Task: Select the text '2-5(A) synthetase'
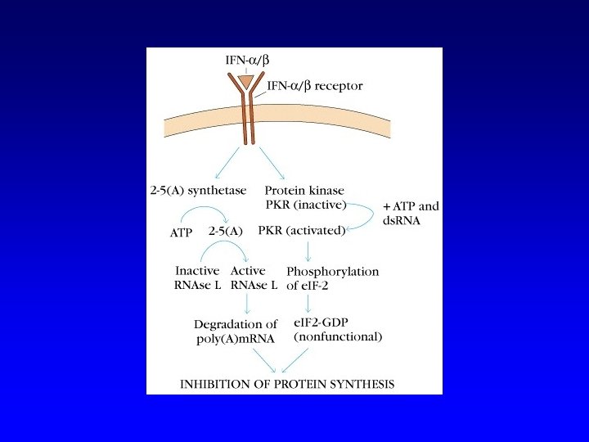pos(199,191)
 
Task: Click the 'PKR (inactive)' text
pos(304,204)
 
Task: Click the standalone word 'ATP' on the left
pos(180,232)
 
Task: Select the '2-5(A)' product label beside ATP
pos(226,232)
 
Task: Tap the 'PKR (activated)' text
pos(301,232)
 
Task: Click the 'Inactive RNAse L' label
pos(197,277)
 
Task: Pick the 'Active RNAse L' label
pos(254,277)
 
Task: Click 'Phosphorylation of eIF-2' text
pos(333,277)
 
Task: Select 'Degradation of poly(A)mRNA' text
pos(236,331)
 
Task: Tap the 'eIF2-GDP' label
pos(321,322)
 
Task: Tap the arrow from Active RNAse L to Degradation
pos(247,303)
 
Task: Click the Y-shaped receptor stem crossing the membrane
pos(246,123)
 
